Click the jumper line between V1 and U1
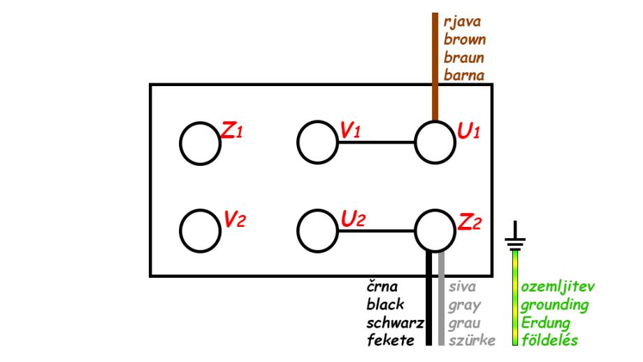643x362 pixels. pos(377,143)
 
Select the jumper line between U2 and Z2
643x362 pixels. pos(377,231)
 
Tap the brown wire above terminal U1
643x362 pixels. pos(435,67)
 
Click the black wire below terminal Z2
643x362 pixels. pos(429,298)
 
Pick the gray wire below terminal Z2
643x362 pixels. pos(441,298)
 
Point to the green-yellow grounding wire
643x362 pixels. pos(515,298)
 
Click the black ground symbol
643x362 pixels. pos(515,236)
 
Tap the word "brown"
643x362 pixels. pos(465,39)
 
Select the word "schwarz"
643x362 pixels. pos(396,323)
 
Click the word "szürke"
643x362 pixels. pos(472,340)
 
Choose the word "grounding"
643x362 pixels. pos(555,305)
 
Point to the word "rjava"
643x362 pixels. pos(462,22)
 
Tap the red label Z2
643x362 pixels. pos(469,222)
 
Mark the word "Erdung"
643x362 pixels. pos(545,323)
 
